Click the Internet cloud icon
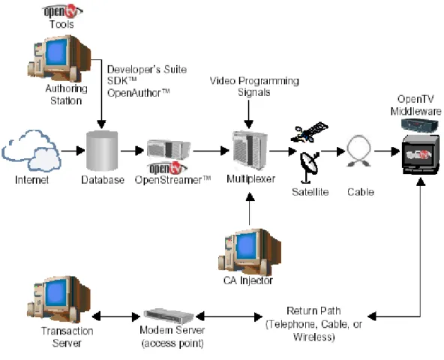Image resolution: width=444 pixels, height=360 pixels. (x=31, y=151)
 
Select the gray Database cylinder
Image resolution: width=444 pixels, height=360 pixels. (x=102, y=151)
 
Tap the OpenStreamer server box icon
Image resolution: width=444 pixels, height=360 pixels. (x=169, y=149)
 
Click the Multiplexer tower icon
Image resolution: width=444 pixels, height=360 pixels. (x=250, y=149)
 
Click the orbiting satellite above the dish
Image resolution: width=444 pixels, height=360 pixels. (x=309, y=132)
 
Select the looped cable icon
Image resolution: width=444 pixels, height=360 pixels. (x=358, y=151)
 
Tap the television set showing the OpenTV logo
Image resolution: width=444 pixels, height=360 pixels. (x=421, y=154)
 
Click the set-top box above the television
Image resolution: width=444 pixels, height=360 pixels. (x=420, y=125)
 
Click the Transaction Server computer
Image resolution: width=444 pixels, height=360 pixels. (x=58, y=299)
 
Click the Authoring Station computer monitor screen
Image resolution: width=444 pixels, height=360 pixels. (x=57, y=53)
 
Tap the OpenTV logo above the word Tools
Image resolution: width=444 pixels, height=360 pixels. (x=62, y=11)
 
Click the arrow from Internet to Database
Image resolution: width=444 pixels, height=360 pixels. (x=73, y=151)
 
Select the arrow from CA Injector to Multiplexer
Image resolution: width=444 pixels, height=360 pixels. (x=250, y=209)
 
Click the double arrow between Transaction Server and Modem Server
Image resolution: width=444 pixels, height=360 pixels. (x=116, y=316)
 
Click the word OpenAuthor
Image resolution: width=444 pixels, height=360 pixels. (x=139, y=93)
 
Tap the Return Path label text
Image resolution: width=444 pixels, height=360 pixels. (x=313, y=310)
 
